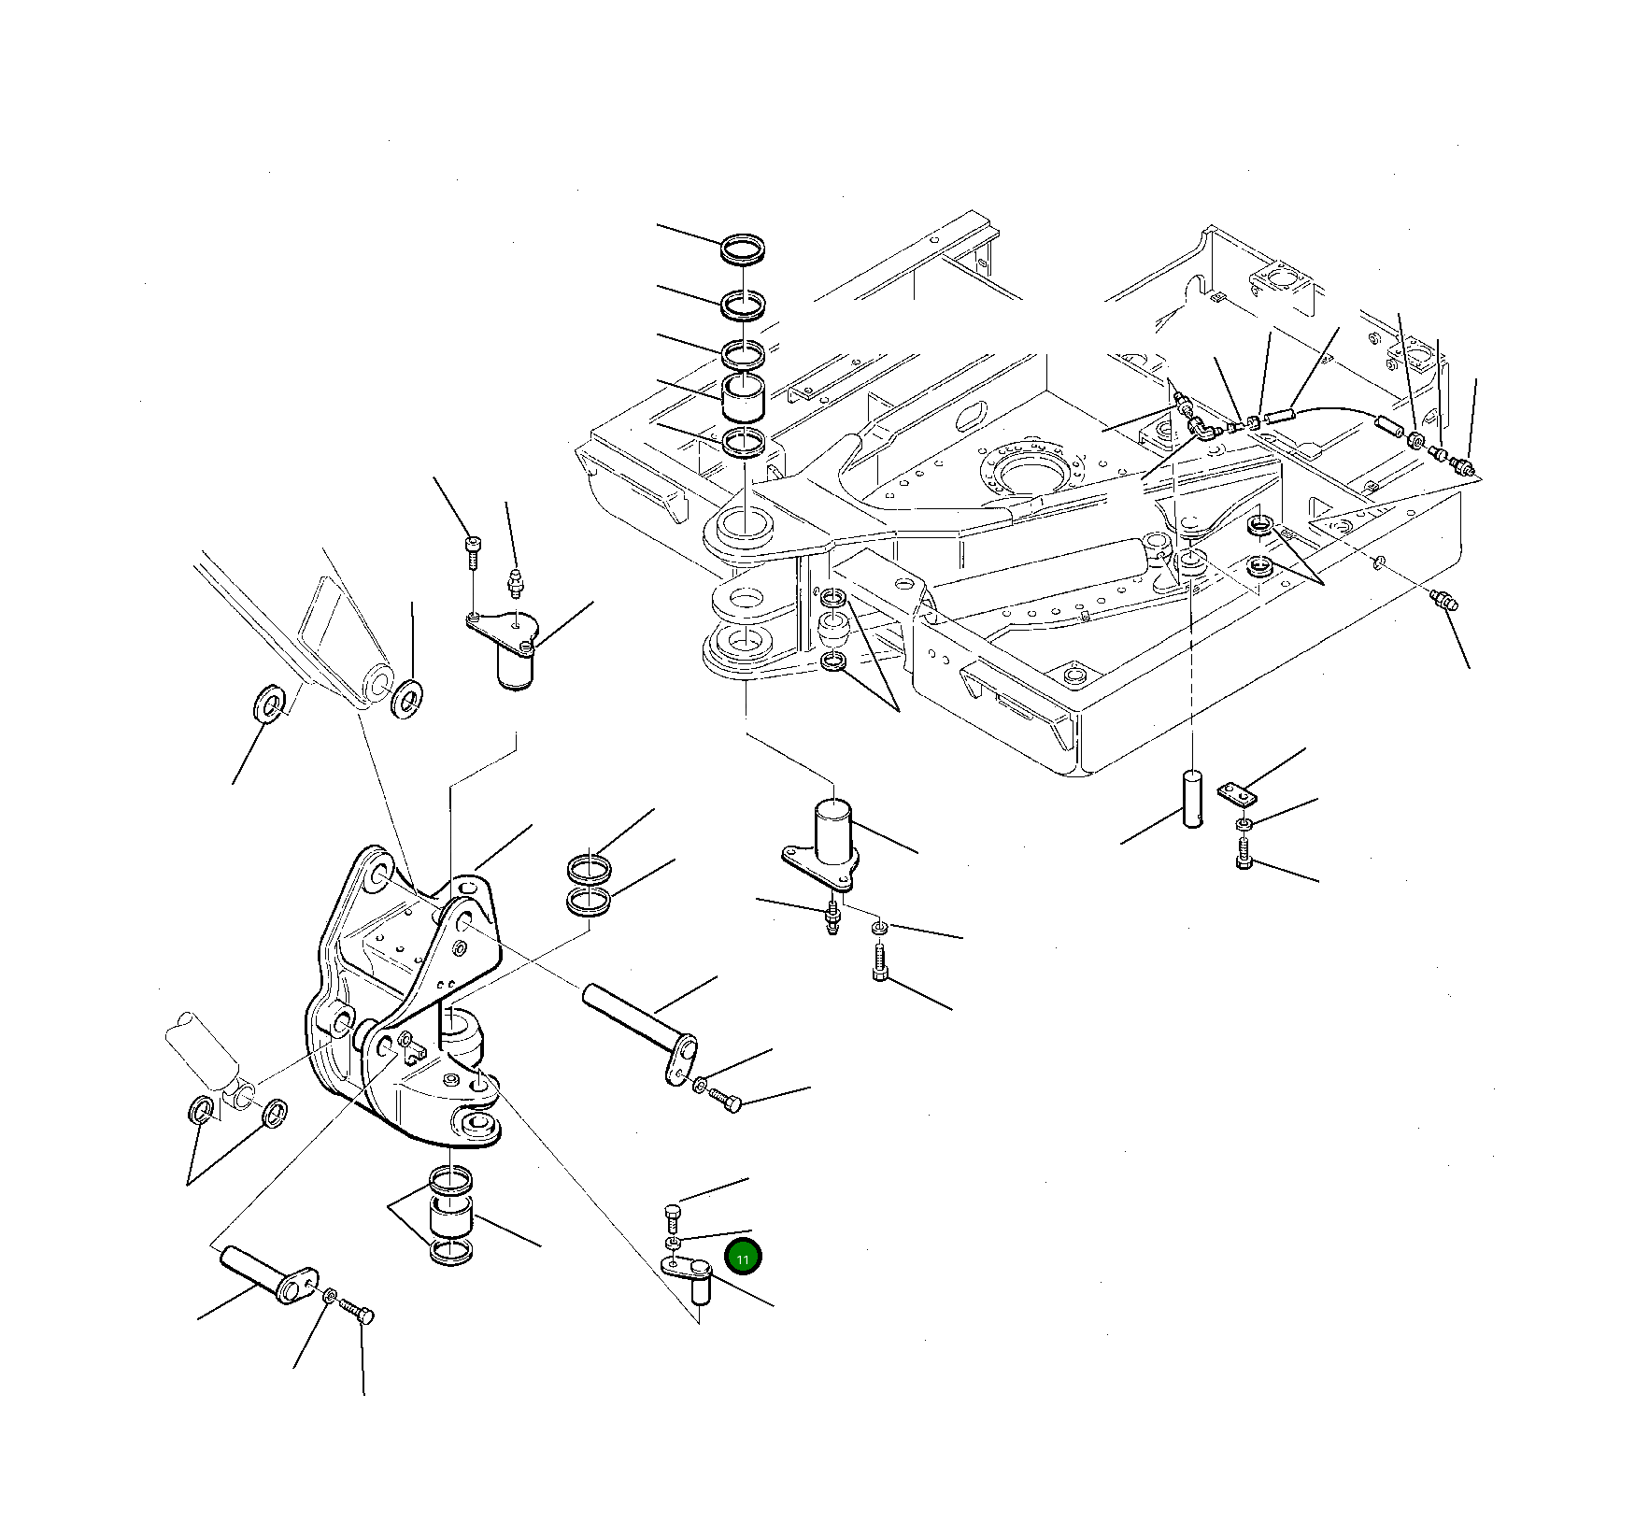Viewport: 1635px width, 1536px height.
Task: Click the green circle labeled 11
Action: click(744, 1258)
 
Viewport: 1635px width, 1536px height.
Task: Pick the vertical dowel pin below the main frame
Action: click(1193, 796)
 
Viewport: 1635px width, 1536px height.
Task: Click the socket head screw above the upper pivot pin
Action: click(473, 552)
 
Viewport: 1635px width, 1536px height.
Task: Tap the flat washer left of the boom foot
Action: click(271, 702)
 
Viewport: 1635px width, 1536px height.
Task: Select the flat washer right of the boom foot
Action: click(406, 698)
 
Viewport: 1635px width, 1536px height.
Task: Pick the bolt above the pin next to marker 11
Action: click(674, 1216)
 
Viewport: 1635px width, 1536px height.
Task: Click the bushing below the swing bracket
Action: click(449, 1216)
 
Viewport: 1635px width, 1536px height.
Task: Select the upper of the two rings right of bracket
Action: click(590, 869)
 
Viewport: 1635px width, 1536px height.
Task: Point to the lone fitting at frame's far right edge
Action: click(1443, 602)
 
